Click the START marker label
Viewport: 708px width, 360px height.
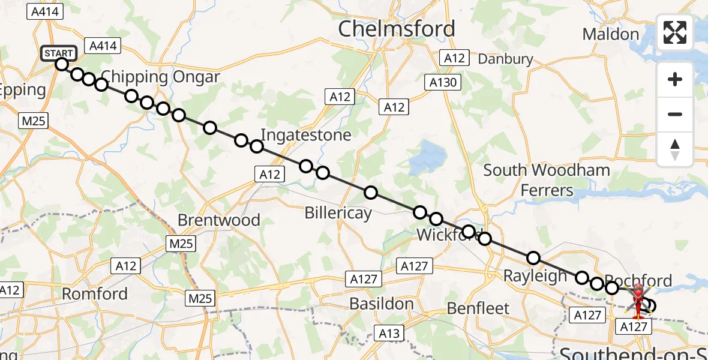pyautogui.click(x=59, y=53)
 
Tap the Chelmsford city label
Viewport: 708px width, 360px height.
pyautogui.click(x=397, y=29)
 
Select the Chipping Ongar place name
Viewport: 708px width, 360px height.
pyautogui.click(x=160, y=77)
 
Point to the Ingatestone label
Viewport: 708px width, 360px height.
pyautogui.click(x=306, y=135)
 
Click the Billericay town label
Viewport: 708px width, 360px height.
pyautogui.click(x=338, y=212)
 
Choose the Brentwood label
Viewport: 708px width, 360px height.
pyautogui.click(x=219, y=220)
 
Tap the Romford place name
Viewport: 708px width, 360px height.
pyautogui.click(x=95, y=294)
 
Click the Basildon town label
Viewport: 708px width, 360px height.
pyautogui.click(x=381, y=304)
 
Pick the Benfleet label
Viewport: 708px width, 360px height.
pyautogui.click(x=478, y=308)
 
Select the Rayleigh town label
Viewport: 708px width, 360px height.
pyautogui.click(x=535, y=277)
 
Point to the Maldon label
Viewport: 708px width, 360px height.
pyautogui.click(x=610, y=34)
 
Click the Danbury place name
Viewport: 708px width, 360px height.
pyautogui.click(x=505, y=59)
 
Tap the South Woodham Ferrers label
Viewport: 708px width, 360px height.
pyautogui.click(x=547, y=180)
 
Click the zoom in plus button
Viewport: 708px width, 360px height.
pyautogui.click(x=675, y=79)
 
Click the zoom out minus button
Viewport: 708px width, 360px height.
pyautogui.click(x=675, y=114)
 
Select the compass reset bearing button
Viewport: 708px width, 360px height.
pyautogui.click(x=675, y=149)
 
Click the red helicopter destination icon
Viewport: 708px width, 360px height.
pyautogui.click(x=637, y=300)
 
